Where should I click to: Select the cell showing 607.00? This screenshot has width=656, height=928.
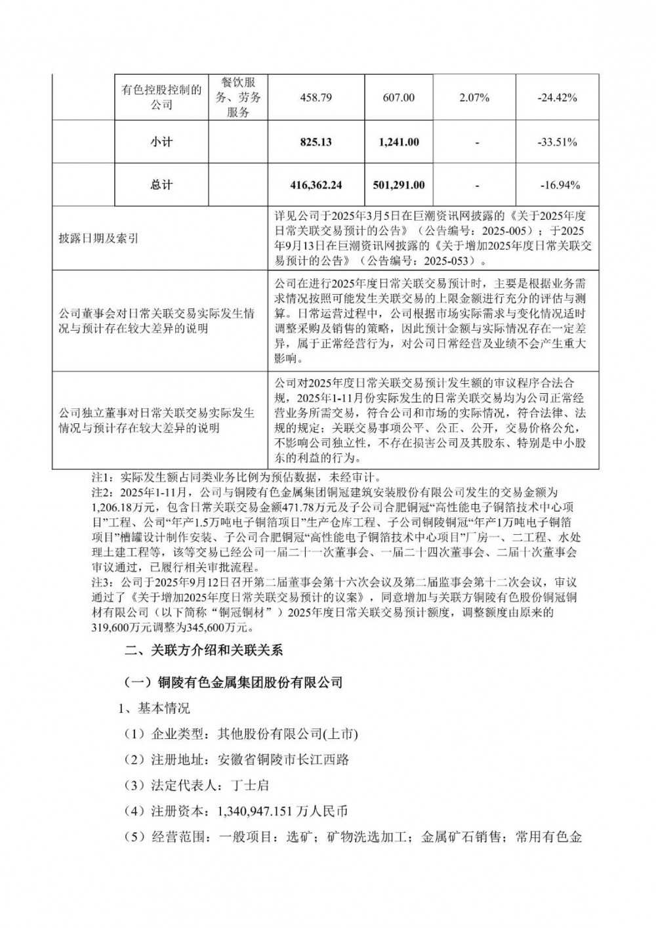point(398,98)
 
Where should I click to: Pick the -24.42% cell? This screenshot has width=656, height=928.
point(557,98)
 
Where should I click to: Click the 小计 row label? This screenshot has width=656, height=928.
point(161,142)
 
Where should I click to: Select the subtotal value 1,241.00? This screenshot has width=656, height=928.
point(398,142)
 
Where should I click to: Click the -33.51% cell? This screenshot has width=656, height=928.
point(557,142)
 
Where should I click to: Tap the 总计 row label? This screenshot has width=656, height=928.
point(161,185)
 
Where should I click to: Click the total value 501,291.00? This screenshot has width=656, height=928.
point(398,185)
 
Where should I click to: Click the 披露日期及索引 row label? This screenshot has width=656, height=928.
point(98,239)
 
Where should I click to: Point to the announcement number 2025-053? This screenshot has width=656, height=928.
point(452,261)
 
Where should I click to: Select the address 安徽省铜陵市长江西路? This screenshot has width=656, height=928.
point(283,760)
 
